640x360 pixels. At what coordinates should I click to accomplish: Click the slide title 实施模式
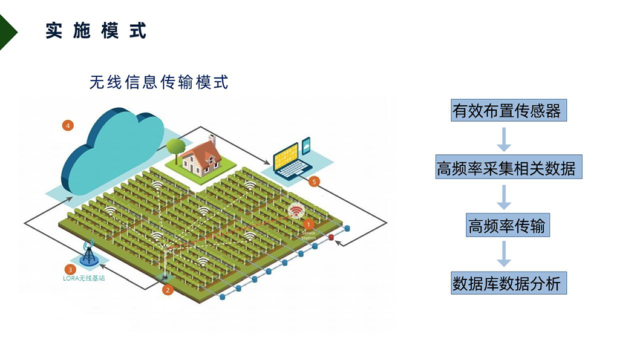click(96, 31)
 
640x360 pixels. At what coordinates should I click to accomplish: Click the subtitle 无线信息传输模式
click(159, 82)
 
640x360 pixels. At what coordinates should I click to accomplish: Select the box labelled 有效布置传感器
click(507, 111)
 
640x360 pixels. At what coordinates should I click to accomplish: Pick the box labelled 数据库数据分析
click(507, 283)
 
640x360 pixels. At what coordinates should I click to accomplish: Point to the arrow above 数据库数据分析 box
click(504, 254)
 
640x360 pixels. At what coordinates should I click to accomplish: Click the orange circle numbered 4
click(68, 125)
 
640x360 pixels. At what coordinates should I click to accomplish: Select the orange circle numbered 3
click(71, 270)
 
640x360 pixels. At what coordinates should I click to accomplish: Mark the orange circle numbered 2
click(169, 289)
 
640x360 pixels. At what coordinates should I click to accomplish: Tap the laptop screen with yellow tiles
click(286, 157)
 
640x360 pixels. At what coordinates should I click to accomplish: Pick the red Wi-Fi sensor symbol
click(296, 211)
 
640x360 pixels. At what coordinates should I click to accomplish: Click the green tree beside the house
click(175, 147)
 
